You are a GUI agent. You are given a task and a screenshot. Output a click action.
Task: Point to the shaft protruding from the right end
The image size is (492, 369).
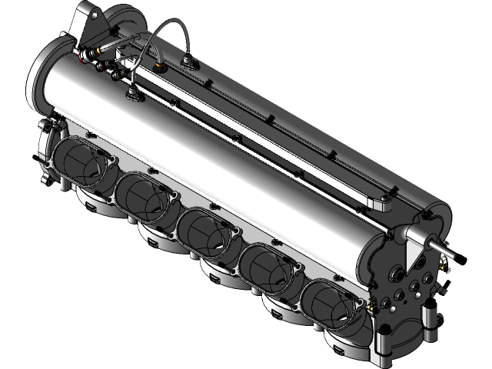click(x=444, y=249)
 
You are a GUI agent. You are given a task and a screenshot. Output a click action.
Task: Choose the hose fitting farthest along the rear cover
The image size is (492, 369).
click(x=189, y=58)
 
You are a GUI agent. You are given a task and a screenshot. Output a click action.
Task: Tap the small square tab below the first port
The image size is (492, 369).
click(x=93, y=207)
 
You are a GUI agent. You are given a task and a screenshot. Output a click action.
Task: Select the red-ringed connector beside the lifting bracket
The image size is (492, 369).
click(x=98, y=53)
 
